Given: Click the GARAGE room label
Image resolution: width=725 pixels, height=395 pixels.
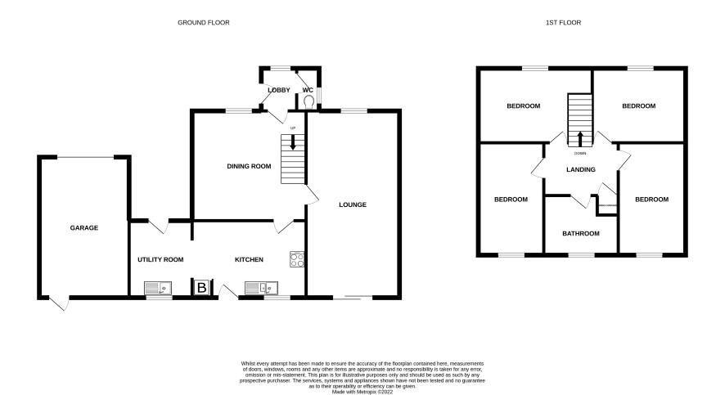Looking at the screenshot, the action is pos(84,228).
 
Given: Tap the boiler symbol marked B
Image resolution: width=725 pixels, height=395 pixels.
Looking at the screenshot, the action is pos(201,288).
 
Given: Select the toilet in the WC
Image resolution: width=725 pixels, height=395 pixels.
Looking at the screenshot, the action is pos(308,101).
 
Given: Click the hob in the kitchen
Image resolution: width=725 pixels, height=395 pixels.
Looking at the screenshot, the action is pos(297,259).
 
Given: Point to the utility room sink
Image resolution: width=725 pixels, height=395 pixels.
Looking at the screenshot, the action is pos(158,289).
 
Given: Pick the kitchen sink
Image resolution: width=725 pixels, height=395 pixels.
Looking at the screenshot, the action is pos(261,289).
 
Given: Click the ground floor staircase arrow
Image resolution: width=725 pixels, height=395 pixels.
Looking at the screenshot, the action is pos(293,141).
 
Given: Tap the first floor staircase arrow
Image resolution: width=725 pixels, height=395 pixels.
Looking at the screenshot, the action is pos(580,138).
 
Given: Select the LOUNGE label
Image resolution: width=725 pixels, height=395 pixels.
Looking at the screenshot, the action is pos(353,204).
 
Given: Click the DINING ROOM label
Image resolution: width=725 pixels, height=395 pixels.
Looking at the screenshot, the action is pos(249,166).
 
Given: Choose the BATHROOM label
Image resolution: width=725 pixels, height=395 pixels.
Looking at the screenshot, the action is pos(581,234).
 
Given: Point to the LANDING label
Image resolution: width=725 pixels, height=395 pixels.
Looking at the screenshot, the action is pos(581,169).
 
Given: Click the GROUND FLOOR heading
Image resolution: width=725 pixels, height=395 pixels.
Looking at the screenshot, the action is pos(204,23).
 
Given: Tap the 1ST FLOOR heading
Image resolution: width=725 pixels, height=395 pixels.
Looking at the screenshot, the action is pos(563,23).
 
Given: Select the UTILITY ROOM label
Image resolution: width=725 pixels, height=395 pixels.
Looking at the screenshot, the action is pos(160,259).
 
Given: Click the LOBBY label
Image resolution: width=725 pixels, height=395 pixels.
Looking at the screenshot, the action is pos(279,90).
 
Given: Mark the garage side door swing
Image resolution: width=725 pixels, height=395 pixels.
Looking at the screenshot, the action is pos(60,303).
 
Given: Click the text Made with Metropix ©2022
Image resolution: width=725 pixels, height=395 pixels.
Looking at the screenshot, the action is pos(362,392).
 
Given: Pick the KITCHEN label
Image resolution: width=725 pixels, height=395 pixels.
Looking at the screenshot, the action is pos(250,259).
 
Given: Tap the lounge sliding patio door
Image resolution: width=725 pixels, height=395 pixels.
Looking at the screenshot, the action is pos(353,298).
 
